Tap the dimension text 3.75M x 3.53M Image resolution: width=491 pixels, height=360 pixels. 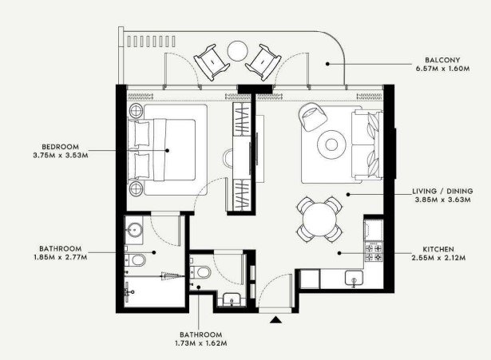point(61,156)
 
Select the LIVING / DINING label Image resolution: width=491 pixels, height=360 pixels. point(442,191)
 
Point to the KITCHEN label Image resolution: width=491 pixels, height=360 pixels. point(438,249)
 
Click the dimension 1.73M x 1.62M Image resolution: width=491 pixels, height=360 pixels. point(201,343)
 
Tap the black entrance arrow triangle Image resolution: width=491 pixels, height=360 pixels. point(276,319)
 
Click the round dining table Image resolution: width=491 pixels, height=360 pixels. point(319,220)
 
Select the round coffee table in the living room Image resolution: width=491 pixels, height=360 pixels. point(331,144)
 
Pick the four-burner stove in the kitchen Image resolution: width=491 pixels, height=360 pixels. point(374,251)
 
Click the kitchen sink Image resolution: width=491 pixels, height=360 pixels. point(354,279)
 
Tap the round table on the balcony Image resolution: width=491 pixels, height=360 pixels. point(238,51)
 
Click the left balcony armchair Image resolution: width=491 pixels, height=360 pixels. point(211,61)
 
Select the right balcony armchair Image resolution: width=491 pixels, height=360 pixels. point(263,62)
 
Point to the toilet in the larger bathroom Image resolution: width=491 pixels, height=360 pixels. point(136,260)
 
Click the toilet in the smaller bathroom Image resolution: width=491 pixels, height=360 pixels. point(200,272)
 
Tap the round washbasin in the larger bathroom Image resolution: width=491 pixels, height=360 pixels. point(135,230)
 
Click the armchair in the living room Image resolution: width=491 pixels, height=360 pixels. point(312,117)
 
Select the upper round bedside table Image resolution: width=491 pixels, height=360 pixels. point(137,110)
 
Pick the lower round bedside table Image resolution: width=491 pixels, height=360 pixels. point(137,188)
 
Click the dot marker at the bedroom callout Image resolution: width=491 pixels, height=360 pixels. point(167,151)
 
